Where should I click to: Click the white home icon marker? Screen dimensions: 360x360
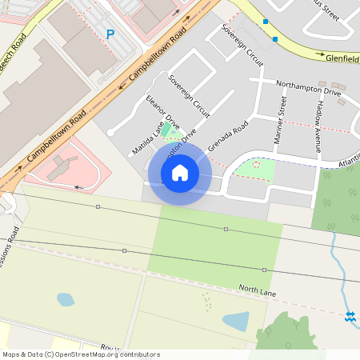point(180,172)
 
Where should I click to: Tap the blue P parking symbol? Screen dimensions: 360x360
point(110,34)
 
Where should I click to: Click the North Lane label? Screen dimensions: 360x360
point(257,290)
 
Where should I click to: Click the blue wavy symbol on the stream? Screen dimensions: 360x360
point(350,316)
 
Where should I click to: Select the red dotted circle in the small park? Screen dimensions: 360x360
point(256,165)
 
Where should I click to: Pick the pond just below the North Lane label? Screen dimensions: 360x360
point(236,322)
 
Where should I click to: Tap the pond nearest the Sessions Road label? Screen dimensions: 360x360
point(66,300)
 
